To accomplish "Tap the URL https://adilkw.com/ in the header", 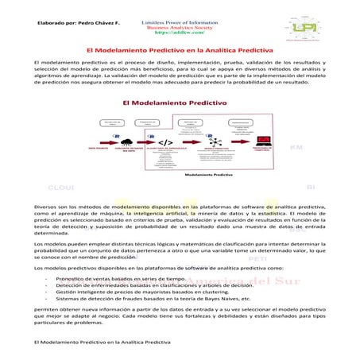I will pos(179,33).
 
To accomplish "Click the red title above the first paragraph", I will pos(180,51).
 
